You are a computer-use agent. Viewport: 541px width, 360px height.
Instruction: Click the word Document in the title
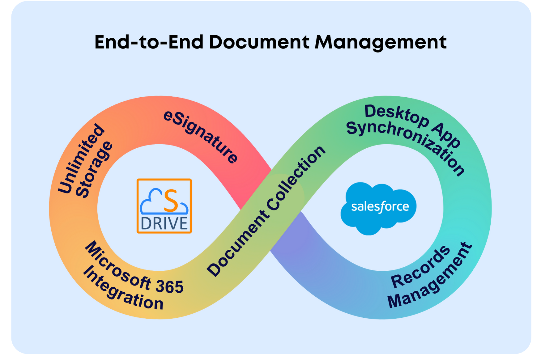[259, 42]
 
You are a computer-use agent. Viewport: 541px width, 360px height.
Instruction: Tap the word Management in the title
[381, 43]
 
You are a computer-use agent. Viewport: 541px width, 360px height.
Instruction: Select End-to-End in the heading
[149, 42]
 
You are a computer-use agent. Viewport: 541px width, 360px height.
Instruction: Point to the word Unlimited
[81, 159]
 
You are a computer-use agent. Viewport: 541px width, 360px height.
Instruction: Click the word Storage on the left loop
[94, 170]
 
